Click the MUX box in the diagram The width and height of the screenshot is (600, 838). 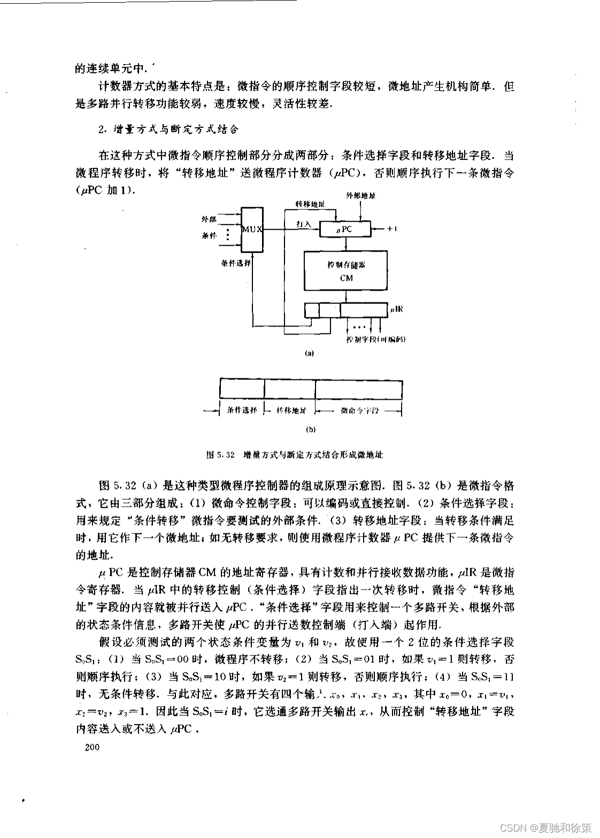pyautogui.click(x=251, y=229)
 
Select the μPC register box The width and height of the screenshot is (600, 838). pyautogui.click(x=344, y=230)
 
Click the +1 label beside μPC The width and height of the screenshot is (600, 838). pyautogui.click(x=391, y=229)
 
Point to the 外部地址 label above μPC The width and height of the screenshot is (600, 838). pyautogui.click(x=361, y=196)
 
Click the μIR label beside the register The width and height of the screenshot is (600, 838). pyautogui.click(x=396, y=309)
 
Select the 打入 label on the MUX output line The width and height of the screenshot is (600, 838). pyautogui.click(x=304, y=225)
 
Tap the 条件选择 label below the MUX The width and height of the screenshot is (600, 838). pyautogui.click(x=236, y=263)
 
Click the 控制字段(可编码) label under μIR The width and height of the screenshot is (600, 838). pyautogui.click(x=375, y=339)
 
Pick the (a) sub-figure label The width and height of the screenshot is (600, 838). pyautogui.click(x=309, y=353)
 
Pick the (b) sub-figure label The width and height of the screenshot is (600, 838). pyautogui.click(x=309, y=429)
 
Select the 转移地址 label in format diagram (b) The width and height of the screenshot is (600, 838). pyautogui.click(x=291, y=411)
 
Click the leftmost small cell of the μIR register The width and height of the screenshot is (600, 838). pyautogui.click(x=311, y=310)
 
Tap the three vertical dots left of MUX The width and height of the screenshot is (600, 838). pyautogui.click(x=228, y=235)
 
